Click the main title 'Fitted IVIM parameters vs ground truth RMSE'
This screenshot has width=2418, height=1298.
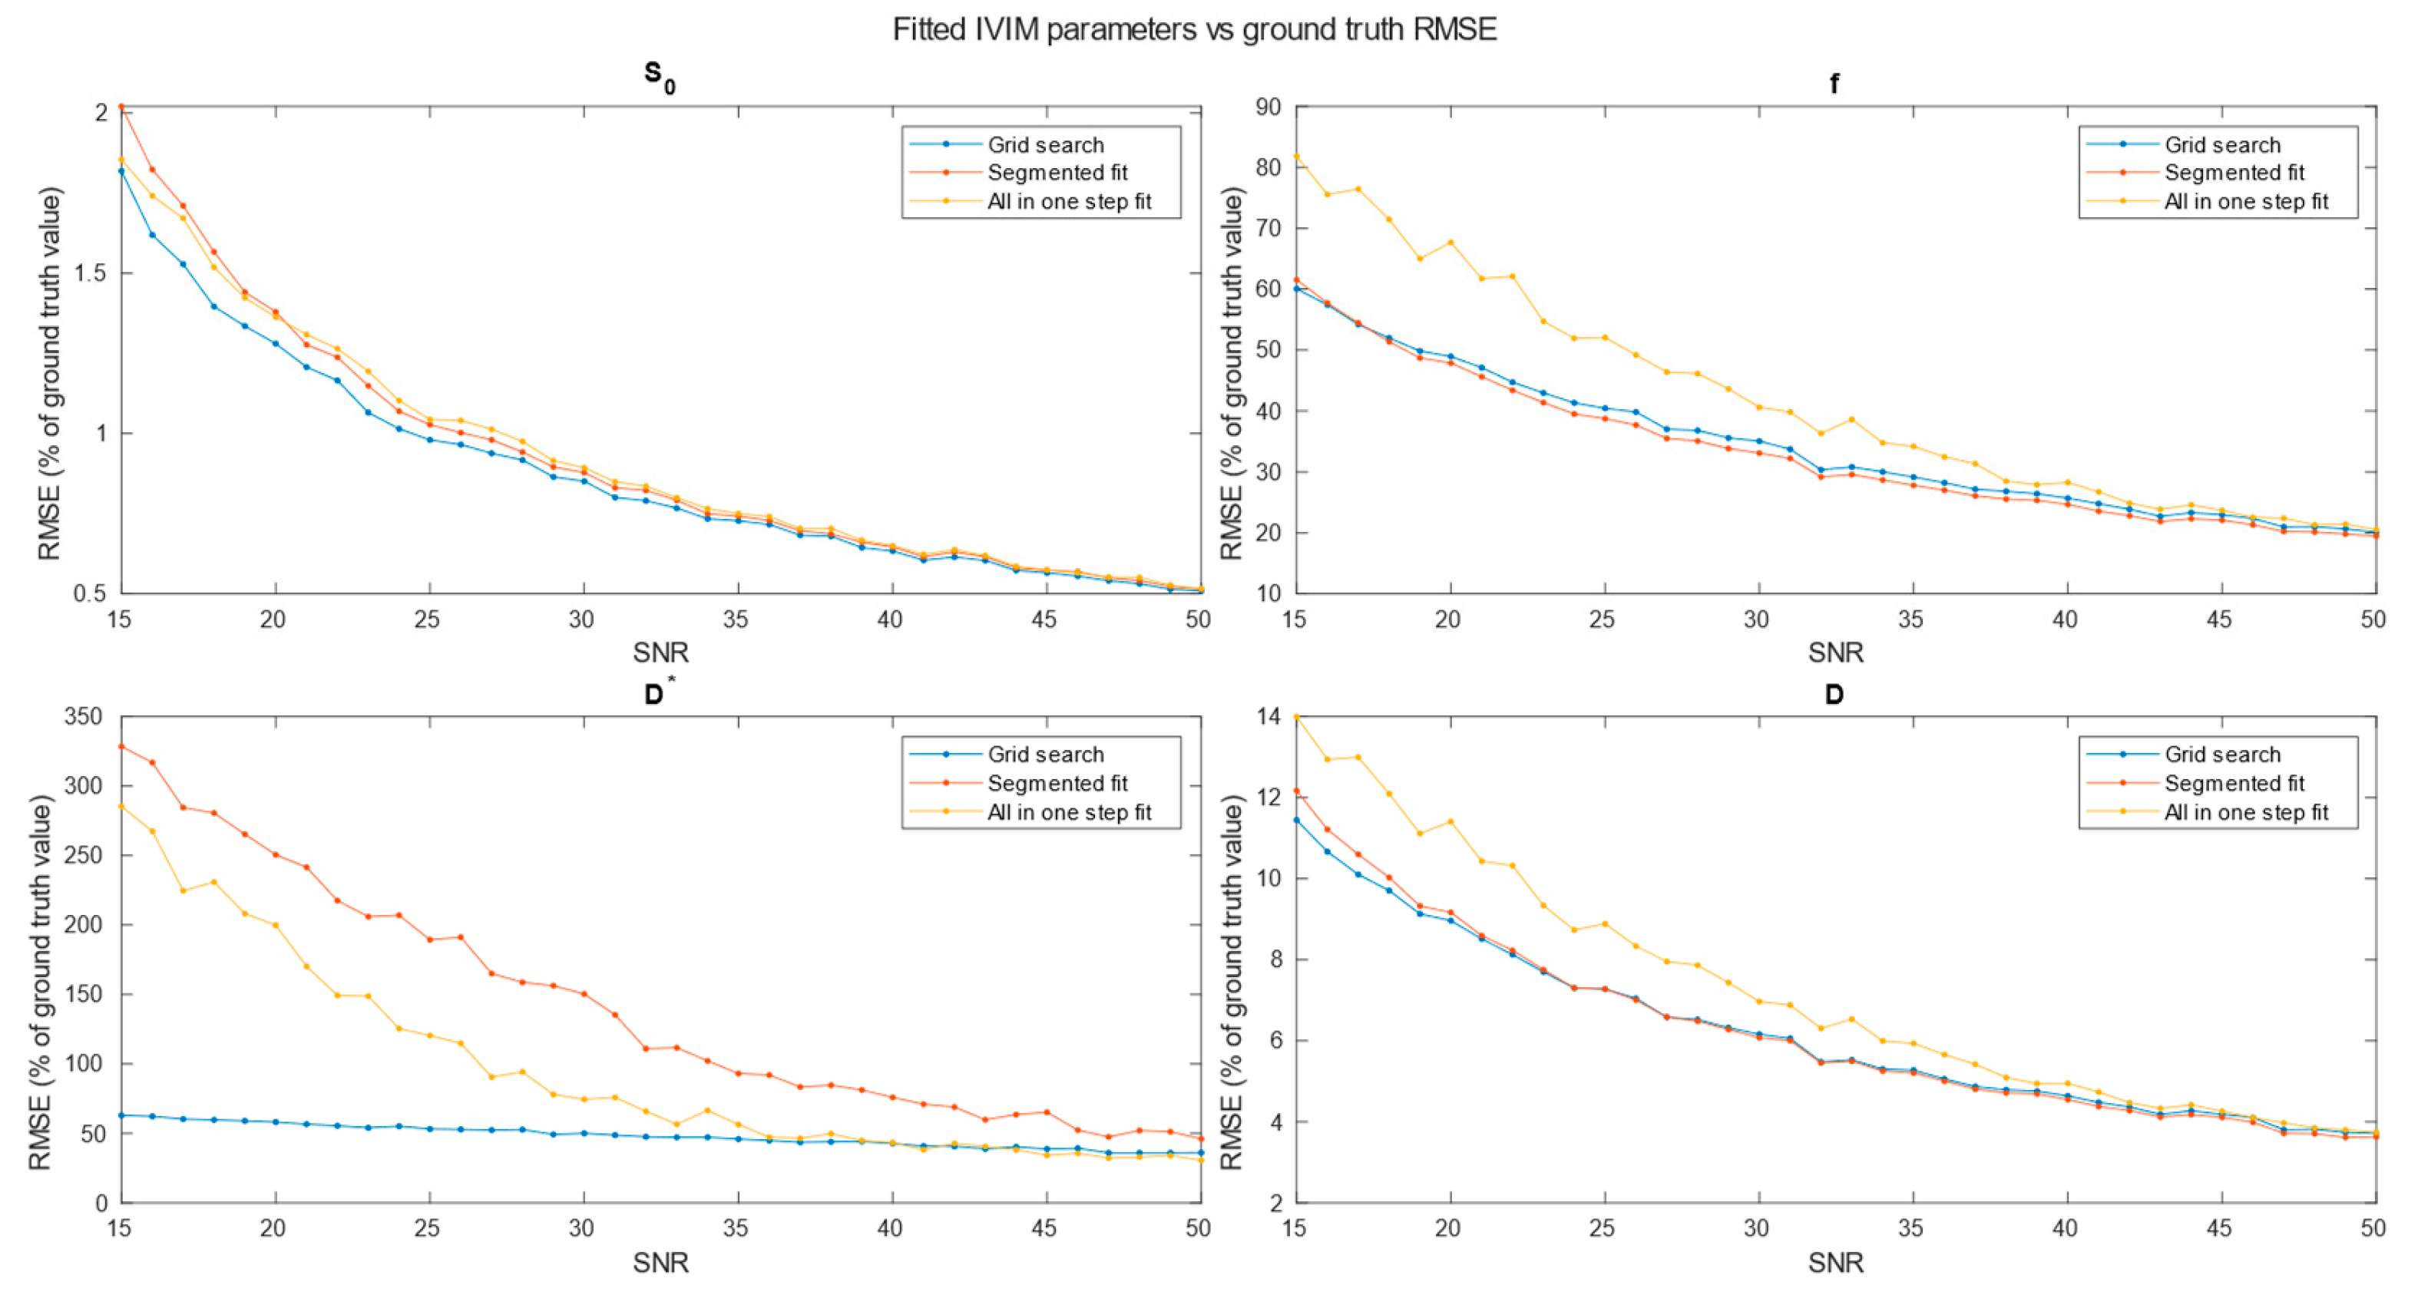click(x=1194, y=30)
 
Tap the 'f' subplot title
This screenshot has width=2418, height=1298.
click(x=1834, y=84)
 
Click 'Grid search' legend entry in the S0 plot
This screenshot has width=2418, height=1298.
click(x=1045, y=144)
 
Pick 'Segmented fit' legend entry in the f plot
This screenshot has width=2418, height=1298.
click(x=2233, y=173)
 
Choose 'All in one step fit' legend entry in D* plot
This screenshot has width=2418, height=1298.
click(x=1068, y=812)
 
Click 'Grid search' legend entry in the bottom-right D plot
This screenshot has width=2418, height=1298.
click(x=2222, y=755)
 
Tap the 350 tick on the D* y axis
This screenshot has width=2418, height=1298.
click(x=83, y=717)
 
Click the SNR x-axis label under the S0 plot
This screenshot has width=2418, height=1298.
click(x=660, y=652)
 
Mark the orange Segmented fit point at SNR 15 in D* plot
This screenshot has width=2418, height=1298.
click(x=121, y=746)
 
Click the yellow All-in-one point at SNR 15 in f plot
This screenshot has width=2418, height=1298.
click(x=1296, y=157)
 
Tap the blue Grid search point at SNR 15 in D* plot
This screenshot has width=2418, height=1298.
click(x=121, y=1115)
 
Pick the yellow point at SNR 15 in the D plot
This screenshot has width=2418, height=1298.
click(x=1296, y=717)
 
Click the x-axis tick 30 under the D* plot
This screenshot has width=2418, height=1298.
click(x=581, y=1227)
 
